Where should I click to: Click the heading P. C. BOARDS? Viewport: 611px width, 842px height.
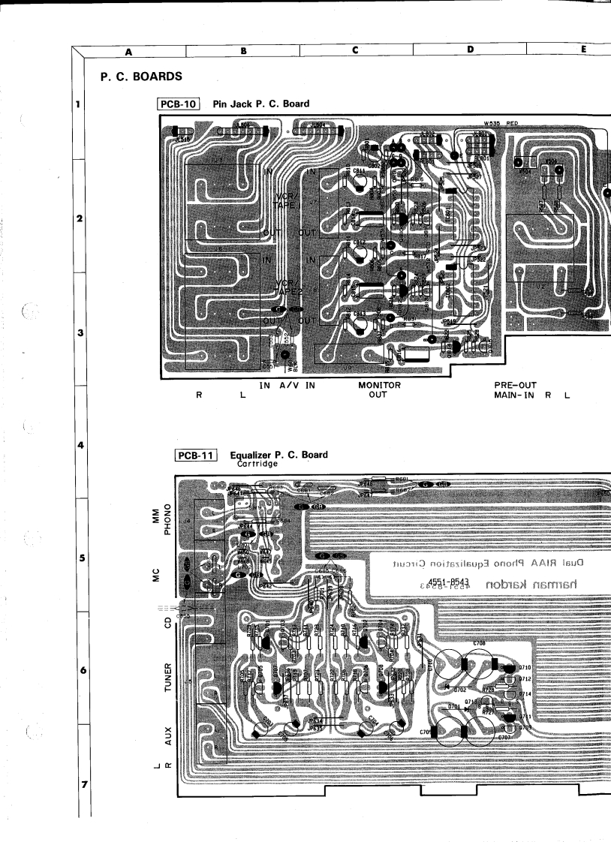pyautogui.click(x=138, y=78)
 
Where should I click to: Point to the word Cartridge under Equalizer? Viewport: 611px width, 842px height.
pyautogui.click(x=257, y=464)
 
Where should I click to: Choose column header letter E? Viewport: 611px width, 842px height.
pyautogui.click(x=582, y=50)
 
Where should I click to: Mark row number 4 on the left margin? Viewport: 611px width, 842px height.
pyautogui.click(x=80, y=446)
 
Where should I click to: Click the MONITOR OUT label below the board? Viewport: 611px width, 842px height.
pyautogui.click(x=379, y=390)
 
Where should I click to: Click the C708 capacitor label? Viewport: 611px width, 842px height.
pyautogui.click(x=479, y=644)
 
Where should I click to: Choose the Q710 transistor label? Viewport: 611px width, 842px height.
pyautogui.click(x=524, y=667)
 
